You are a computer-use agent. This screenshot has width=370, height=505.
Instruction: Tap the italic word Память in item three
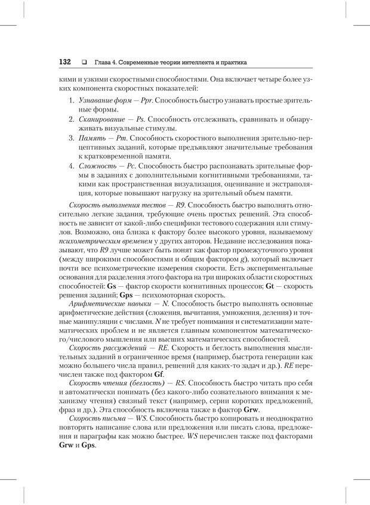(x=91, y=138)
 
